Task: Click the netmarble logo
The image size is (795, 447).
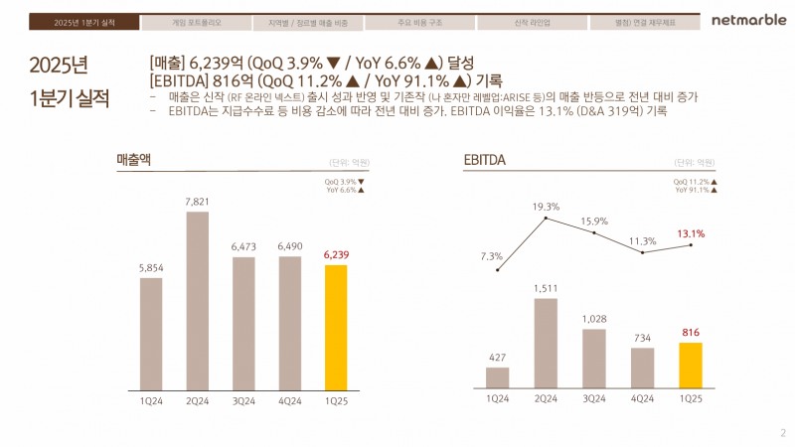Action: pyautogui.click(x=747, y=21)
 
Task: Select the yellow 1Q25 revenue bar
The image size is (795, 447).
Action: pyautogui.click(x=337, y=327)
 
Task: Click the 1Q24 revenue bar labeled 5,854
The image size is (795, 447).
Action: pyautogui.click(x=151, y=333)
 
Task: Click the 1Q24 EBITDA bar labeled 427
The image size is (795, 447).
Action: pyautogui.click(x=498, y=377)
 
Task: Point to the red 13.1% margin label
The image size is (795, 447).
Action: pyautogui.click(x=691, y=234)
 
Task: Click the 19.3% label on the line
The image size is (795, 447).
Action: pyautogui.click(x=546, y=206)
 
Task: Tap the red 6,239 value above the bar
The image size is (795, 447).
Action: pyautogui.click(x=337, y=255)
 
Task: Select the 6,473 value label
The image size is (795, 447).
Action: pyautogui.click(x=243, y=246)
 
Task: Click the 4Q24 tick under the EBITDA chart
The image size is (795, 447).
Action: pyautogui.click(x=642, y=397)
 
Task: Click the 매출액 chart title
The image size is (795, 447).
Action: pyautogui.click(x=133, y=160)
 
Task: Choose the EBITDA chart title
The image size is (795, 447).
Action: pyautogui.click(x=485, y=160)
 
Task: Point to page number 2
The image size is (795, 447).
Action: pyautogui.click(x=782, y=433)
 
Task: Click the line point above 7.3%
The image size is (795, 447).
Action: pyautogui.click(x=498, y=269)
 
